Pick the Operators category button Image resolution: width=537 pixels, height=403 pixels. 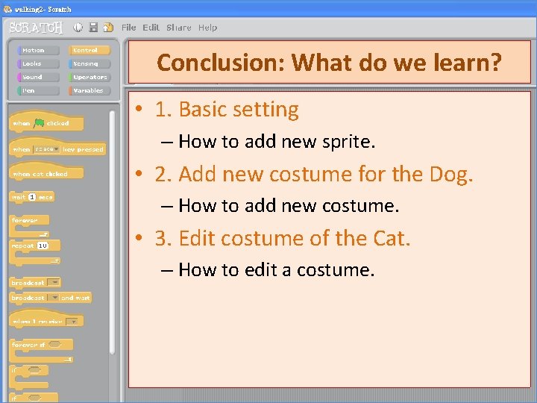pos(90,78)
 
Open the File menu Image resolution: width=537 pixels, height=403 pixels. pos(129,28)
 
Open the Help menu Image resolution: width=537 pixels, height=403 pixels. pos(208,28)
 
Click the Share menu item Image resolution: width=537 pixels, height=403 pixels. pos(179,28)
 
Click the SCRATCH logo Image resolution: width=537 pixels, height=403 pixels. pos(36,28)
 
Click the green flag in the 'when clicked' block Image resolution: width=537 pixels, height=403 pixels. pos(39,123)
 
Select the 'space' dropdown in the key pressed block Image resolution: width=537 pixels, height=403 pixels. pos(46,149)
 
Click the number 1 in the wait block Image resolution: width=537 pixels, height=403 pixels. pos(31,197)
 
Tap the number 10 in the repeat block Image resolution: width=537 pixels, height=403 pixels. pos(43,246)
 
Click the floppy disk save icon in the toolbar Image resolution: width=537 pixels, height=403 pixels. pos(93,28)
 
